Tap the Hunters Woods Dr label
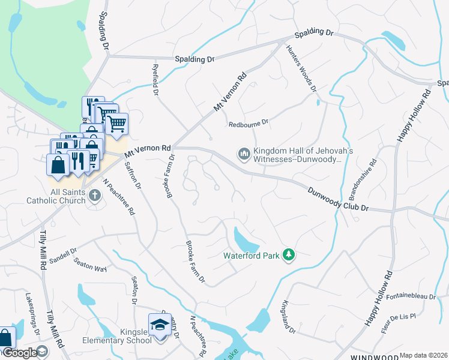pyautogui.click(x=301, y=68)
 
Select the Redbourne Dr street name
pyautogui.click(x=249, y=124)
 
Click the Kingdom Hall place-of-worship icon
pyautogui.click(x=244, y=155)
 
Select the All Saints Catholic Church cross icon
pyautogui.click(x=95, y=195)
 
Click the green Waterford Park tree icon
pyautogui.click(x=289, y=255)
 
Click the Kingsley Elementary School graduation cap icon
pyautogui.click(x=160, y=325)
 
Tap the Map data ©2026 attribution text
pyautogui.click(x=423, y=355)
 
